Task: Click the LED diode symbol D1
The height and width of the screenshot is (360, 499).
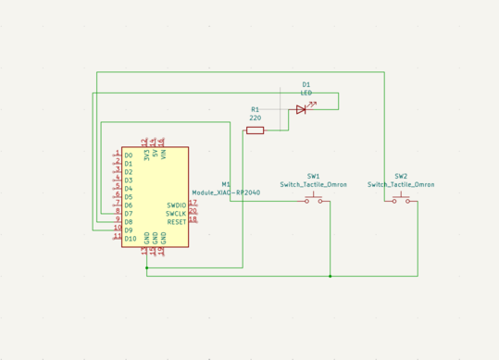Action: coord(301,109)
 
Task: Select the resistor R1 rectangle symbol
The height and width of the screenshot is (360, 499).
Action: coord(255,130)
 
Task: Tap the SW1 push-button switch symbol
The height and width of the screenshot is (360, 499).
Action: coord(315,200)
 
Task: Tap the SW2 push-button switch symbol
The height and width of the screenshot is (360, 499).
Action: coord(401,200)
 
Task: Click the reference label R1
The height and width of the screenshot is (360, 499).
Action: coord(256,109)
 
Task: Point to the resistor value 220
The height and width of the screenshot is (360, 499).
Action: coord(256,118)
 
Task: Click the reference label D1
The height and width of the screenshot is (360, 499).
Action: coord(306,84)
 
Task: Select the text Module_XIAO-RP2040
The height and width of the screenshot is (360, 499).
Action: coord(226,192)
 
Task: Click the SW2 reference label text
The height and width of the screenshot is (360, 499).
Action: coord(401,176)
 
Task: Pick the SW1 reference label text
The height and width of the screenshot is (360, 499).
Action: coord(314,176)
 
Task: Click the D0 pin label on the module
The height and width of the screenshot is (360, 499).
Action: coord(129,155)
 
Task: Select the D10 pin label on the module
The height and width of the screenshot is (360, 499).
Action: coord(131,238)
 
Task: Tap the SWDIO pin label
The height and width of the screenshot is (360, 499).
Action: coord(176,205)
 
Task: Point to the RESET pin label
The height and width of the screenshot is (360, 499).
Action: coord(176,222)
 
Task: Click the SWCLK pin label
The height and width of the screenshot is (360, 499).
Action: coord(176,214)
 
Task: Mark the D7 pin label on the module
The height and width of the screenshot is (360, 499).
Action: coord(129,213)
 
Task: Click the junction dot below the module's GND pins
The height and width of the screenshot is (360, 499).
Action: coord(146,268)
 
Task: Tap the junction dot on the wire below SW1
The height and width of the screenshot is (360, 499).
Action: coord(330,276)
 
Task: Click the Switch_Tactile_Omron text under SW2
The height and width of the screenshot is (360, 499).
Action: coord(401,184)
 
